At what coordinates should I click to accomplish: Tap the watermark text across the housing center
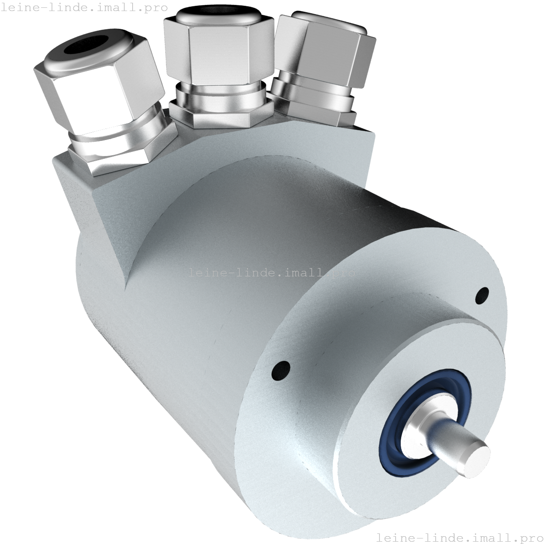272,272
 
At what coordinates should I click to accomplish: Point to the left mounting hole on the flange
281,370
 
